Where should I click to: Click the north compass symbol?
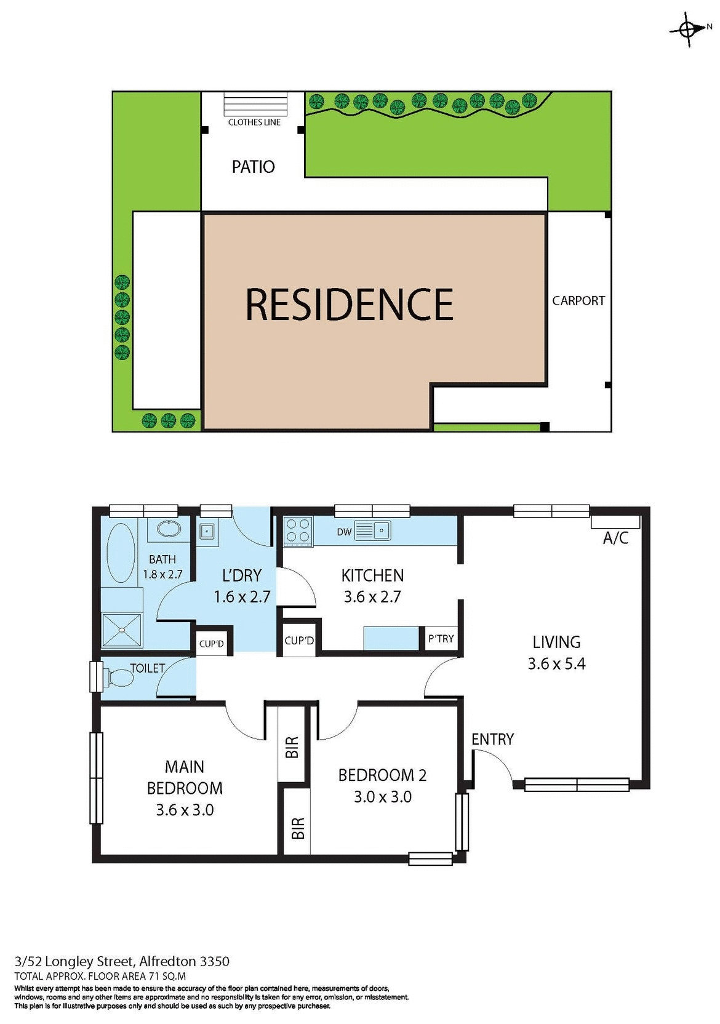[x=689, y=28]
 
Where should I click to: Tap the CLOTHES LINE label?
[x=254, y=122]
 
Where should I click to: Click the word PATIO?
[x=253, y=167]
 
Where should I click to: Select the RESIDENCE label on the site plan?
[x=349, y=305]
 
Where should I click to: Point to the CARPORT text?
[x=578, y=301]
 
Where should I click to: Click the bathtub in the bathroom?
[x=121, y=553]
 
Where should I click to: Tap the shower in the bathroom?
[x=122, y=630]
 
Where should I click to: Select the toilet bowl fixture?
[x=119, y=678]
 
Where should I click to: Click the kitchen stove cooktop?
[x=298, y=531]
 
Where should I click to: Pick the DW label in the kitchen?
[x=344, y=532]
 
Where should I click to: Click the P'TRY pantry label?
[x=441, y=639]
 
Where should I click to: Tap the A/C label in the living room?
[x=615, y=538]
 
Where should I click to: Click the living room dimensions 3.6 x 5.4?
[x=556, y=664]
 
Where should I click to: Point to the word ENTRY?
[x=492, y=739]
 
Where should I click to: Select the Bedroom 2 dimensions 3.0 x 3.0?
[x=382, y=797]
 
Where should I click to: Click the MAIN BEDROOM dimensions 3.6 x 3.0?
[x=185, y=810]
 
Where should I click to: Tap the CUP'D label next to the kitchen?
[x=299, y=641]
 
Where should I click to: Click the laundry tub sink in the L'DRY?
[x=207, y=530]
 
